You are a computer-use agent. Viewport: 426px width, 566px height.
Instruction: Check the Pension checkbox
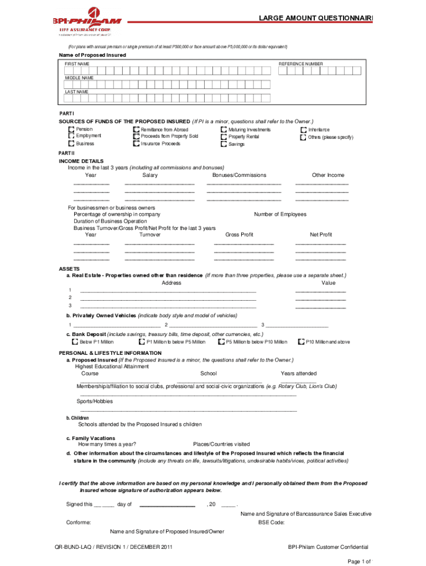tap(71, 129)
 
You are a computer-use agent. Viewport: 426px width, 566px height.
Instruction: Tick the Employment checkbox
tap(71, 136)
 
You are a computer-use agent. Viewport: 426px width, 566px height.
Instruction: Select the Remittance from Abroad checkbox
tap(136, 129)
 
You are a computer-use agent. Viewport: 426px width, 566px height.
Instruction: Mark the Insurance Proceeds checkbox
tap(136, 144)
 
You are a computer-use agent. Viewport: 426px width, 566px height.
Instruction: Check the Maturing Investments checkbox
tap(224, 129)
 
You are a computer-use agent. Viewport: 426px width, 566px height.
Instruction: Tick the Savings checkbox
tap(224, 144)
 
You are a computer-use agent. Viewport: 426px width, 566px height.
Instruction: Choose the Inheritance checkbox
tap(303, 129)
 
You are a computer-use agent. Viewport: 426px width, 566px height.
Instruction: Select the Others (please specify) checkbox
tap(303, 137)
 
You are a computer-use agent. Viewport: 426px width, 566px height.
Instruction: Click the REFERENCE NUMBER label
tap(301, 64)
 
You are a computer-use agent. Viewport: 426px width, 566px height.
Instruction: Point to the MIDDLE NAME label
tap(79, 78)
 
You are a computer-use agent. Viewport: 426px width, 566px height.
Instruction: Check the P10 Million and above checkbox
tap(302, 342)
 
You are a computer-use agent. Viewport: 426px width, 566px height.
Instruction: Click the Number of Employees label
tap(280, 214)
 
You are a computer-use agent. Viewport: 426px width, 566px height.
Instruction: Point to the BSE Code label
tap(271, 522)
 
